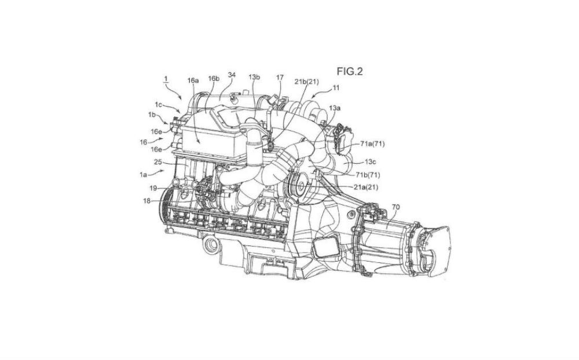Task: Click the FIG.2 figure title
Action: [x=349, y=71]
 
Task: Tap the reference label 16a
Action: [x=193, y=80]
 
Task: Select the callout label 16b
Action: [x=214, y=78]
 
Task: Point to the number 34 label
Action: [x=232, y=75]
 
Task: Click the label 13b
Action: [x=254, y=77]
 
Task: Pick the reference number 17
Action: [x=280, y=77]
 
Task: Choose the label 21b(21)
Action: [x=306, y=82]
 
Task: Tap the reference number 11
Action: [x=336, y=88]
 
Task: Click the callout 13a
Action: [x=335, y=108]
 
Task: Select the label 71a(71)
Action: [x=372, y=144]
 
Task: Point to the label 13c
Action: [x=371, y=161]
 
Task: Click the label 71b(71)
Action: [x=368, y=175]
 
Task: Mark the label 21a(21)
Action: [x=366, y=187]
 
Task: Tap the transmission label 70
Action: [x=395, y=207]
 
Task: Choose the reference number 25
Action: [x=158, y=161]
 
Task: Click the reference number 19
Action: [x=153, y=188]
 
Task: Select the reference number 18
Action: [x=147, y=201]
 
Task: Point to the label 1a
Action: [x=143, y=175]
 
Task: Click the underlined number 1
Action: [x=166, y=79]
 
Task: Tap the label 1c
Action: [x=159, y=105]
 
